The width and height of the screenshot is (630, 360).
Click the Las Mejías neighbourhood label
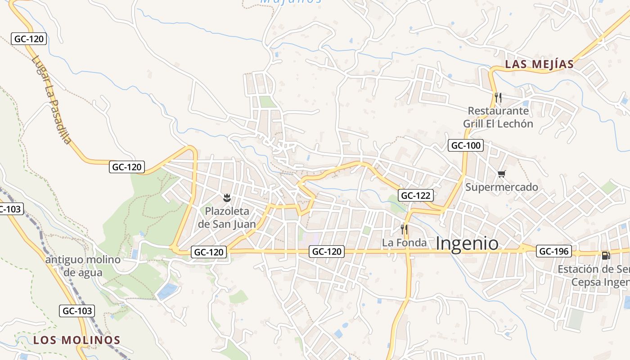tap(539, 64)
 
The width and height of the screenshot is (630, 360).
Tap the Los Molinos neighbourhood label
tap(76, 340)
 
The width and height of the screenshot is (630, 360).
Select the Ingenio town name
tap(467, 243)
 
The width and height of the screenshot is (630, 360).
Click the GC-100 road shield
tap(466, 145)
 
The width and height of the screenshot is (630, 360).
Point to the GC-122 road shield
tap(416, 195)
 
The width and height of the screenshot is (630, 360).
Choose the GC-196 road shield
tap(554, 251)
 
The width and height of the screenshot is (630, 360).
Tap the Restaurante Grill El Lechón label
tap(498, 117)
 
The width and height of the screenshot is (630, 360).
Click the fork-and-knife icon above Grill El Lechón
tap(498, 97)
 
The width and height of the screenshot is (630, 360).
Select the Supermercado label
tap(502, 187)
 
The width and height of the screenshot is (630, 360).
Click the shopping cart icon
tap(501, 174)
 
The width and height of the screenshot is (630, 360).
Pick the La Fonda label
tap(404, 243)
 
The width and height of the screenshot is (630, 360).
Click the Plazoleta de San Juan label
tap(227, 217)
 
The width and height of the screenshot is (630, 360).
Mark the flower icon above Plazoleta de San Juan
tap(227, 197)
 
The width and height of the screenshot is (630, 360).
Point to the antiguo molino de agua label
tap(83, 266)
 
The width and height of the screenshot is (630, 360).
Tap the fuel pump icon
tap(606, 256)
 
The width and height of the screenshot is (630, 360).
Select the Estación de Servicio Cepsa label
tap(594, 275)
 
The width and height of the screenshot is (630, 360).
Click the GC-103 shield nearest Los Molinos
tap(77, 310)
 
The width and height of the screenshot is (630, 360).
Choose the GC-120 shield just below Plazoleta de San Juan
tap(209, 252)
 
